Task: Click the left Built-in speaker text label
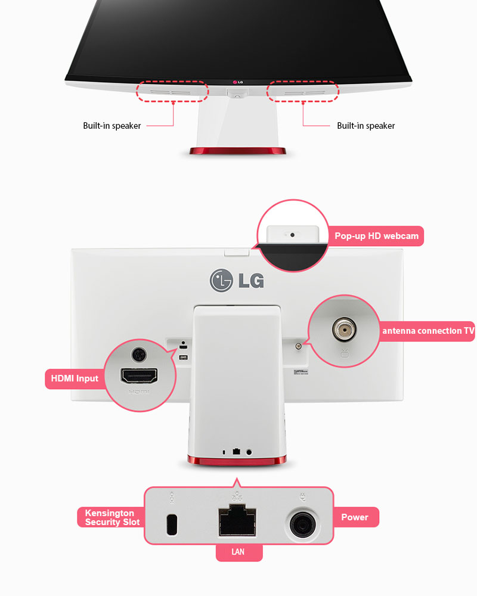pyautogui.click(x=112, y=126)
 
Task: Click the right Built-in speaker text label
pyautogui.click(x=366, y=126)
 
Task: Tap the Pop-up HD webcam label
pyautogui.click(x=376, y=236)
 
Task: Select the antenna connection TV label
pyautogui.click(x=428, y=331)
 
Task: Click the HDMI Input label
pyautogui.click(x=75, y=378)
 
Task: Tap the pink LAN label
pyautogui.click(x=238, y=552)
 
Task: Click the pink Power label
pyautogui.click(x=355, y=517)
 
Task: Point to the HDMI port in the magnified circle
pyautogui.click(x=139, y=376)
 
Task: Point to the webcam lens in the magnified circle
pyautogui.click(x=292, y=234)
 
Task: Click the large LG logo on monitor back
pyautogui.click(x=237, y=280)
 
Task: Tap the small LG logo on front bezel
pyautogui.click(x=238, y=82)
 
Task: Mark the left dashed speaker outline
pyautogui.click(x=172, y=91)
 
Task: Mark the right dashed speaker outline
pyautogui.click(x=302, y=91)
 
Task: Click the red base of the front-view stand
pyautogui.click(x=238, y=151)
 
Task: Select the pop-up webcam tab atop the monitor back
pyautogui.click(x=237, y=252)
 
